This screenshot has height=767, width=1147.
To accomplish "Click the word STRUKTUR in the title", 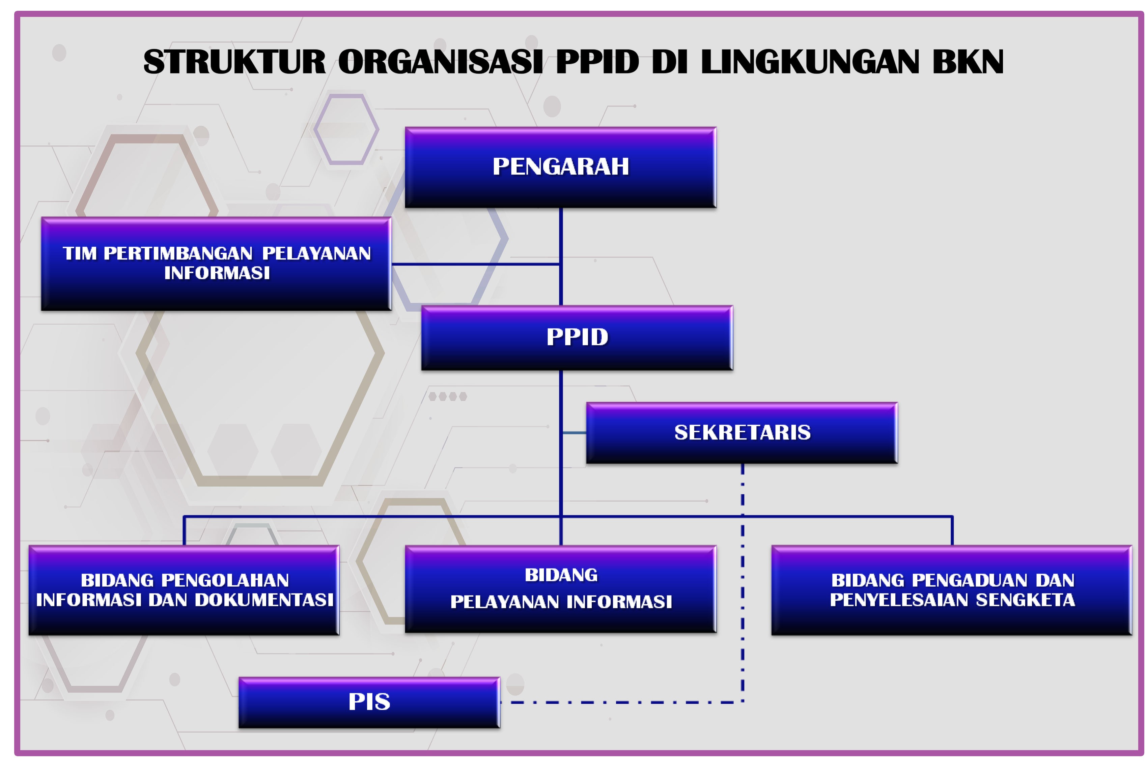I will tap(234, 62).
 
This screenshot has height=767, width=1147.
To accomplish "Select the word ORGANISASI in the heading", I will tap(440, 62).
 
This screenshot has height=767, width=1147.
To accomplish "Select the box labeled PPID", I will tap(576, 338).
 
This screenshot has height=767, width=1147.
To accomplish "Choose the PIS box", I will tap(369, 702).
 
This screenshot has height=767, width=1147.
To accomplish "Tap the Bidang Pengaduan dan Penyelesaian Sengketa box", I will tap(951, 590).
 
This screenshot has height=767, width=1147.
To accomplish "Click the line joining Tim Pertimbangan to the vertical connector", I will tap(475, 264).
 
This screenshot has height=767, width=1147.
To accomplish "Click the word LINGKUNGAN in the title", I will tap(810, 62).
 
